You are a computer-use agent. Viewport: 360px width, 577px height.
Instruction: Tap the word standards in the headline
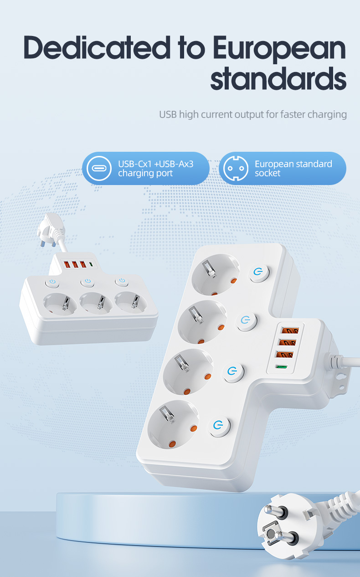pos(278,78)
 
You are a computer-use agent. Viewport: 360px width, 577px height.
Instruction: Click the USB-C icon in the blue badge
pos(99,168)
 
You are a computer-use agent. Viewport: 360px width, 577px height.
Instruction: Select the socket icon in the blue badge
pos(236,168)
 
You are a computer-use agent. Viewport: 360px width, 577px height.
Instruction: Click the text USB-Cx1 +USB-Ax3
pos(155,164)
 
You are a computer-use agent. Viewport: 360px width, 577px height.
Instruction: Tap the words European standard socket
pos(293,169)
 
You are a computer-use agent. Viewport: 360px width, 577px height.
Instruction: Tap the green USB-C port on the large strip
pos(282,366)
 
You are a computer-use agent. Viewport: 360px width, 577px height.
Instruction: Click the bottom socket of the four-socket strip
pos(173,425)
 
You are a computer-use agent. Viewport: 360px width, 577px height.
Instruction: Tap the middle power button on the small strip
pos(87,282)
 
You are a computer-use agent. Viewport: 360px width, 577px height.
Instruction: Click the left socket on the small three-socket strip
pos(60,304)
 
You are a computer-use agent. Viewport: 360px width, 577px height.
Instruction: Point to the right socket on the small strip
pos(131,303)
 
